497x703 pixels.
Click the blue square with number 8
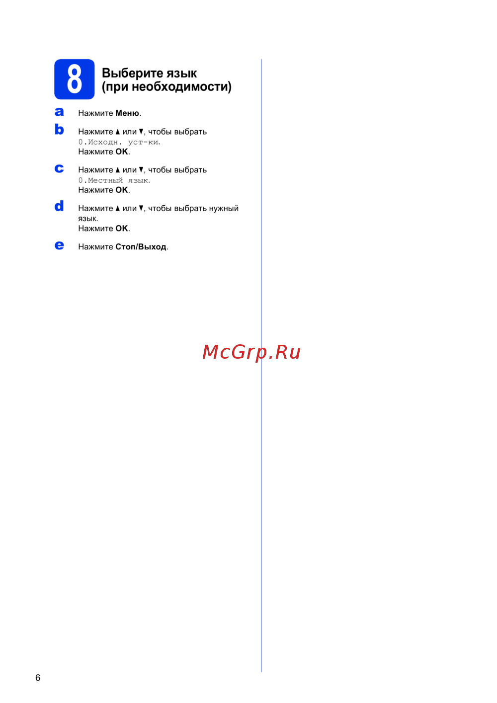tap(74, 79)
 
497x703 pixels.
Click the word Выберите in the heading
tap(133, 73)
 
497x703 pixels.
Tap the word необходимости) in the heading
tap(181, 87)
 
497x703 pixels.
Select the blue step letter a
tap(59, 112)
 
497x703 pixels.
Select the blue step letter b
tap(59, 129)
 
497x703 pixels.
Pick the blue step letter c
tap(59, 168)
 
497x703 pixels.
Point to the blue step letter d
tap(59, 206)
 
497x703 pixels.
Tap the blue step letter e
tap(59, 245)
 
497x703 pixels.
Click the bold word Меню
tap(127, 113)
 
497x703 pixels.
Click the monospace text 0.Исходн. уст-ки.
tap(119, 142)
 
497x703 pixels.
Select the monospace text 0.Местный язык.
tap(114, 180)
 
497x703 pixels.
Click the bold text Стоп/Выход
tap(141, 247)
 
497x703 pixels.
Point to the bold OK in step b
tap(121, 152)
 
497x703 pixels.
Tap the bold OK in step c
tap(121, 190)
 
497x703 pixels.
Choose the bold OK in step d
tap(121, 228)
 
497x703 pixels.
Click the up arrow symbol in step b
tap(118, 132)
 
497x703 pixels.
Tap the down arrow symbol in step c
tap(141, 170)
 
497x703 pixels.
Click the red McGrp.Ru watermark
tap(251, 352)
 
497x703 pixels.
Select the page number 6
tap(38, 678)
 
